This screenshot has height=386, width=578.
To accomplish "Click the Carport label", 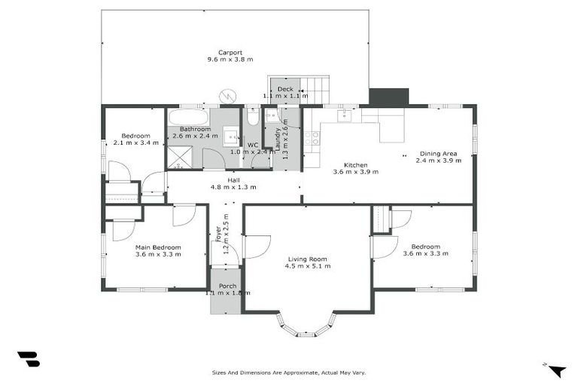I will [230, 53].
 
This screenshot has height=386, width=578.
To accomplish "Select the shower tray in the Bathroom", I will [179, 157].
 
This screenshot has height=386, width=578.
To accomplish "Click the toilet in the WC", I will [253, 118].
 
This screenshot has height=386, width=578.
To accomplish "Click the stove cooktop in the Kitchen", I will [312, 138].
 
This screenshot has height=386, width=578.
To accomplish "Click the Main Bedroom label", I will [158, 247].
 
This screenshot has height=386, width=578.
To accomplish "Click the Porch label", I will [227, 286].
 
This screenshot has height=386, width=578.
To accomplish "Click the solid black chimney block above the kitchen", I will [388, 97].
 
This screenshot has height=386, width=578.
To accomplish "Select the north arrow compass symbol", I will [556, 369].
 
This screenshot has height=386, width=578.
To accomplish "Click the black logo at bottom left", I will [28, 360].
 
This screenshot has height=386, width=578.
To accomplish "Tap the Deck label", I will [284, 89].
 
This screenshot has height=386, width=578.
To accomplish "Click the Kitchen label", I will [355, 164].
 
